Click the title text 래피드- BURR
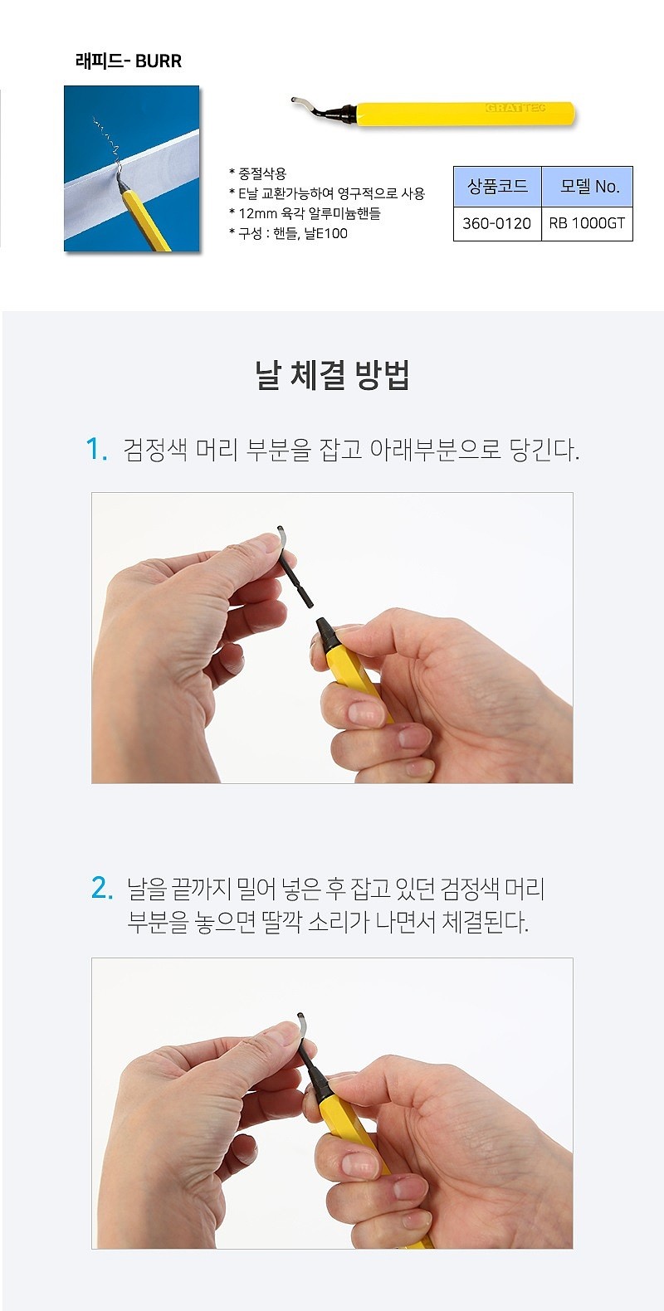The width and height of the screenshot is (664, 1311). (129, 61)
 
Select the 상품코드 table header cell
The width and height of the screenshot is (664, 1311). (497, 187)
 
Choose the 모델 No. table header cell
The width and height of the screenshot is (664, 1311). (588, 187)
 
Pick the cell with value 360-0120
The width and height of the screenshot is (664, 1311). (497, 223)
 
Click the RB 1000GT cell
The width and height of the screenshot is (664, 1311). (587, 223)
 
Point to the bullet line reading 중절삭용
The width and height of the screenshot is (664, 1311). (258, 173)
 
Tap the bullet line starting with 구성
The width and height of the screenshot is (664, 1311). (289, 233)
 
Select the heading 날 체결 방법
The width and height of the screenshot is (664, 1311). (332, 376)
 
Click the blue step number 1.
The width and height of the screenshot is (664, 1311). (96, 450)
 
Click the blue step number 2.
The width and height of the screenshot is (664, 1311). (101, 888)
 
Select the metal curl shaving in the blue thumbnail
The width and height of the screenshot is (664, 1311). (108, 143)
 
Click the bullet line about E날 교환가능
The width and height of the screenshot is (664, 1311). (328, 193)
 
